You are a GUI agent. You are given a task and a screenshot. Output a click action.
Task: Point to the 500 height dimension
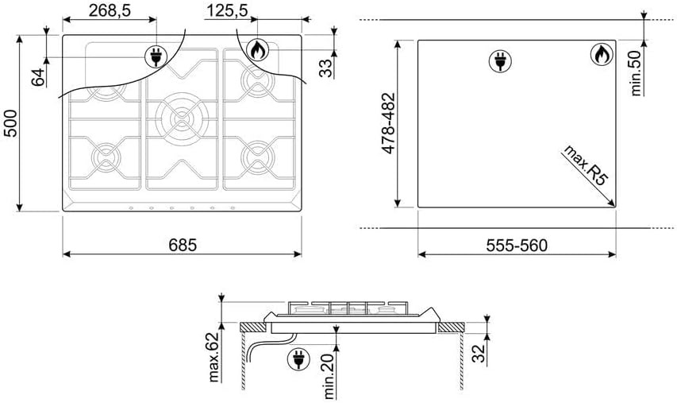(10, 122)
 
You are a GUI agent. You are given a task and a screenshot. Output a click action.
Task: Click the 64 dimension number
(37, 77)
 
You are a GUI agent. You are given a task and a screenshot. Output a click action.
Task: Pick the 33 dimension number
(325, 68)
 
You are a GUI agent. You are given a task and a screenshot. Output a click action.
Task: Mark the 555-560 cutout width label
(516, 245)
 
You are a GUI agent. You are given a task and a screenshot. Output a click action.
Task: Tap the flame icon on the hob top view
(256, 50)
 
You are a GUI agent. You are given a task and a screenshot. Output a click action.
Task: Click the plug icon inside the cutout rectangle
(500, 60)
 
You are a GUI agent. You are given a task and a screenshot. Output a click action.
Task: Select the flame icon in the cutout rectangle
(601, 55)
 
